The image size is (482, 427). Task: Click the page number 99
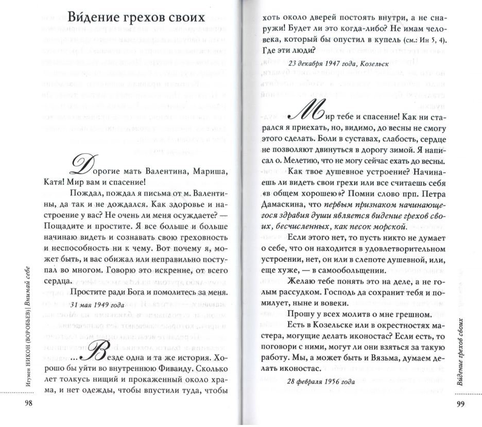[461, 403]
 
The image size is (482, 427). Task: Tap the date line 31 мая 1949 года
[96, 304]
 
